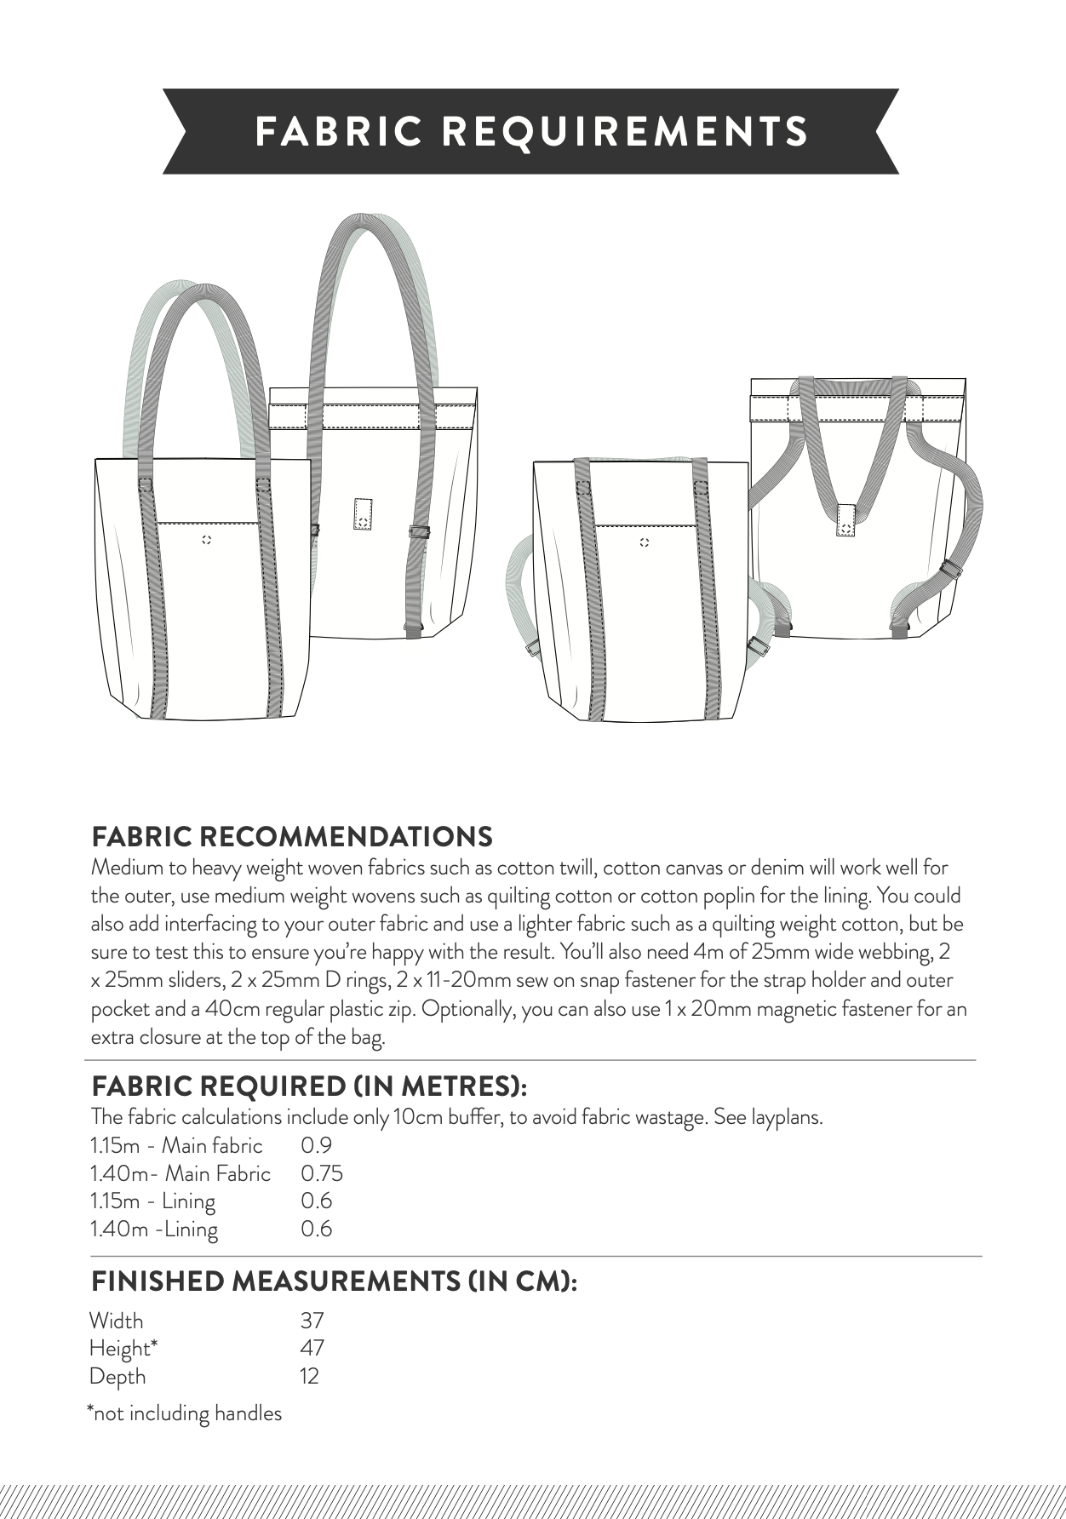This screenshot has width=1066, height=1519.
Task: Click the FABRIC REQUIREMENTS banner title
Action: coord(531,132)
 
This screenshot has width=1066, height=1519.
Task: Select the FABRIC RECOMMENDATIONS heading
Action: coord(291,836)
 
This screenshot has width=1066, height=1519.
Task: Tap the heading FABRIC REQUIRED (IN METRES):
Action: coord(310,1086)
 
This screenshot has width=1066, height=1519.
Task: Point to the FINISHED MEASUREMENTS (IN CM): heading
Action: coord(334,1281)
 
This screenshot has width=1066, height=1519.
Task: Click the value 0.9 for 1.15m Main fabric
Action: coord(316,1146)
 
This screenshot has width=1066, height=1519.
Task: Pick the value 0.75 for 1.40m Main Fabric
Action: coord(321,1174)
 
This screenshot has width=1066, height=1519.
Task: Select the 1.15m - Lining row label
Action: coord(152,1201)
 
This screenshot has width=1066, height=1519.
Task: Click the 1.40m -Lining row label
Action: coord(153,1230)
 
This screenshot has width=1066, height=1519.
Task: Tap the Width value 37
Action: coord(312,1321)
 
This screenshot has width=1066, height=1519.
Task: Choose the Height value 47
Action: coord(312,1348)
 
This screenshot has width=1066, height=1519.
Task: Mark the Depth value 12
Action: coord(309,1376)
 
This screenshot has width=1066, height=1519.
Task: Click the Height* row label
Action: coord(124,1349)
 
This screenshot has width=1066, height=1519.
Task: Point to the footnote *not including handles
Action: coord(184,1413)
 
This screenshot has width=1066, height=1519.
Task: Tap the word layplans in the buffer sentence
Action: coord(787,1117)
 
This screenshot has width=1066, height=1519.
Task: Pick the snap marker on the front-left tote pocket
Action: coord(205,540)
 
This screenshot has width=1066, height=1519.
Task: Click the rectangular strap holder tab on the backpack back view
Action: coord(845,519)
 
